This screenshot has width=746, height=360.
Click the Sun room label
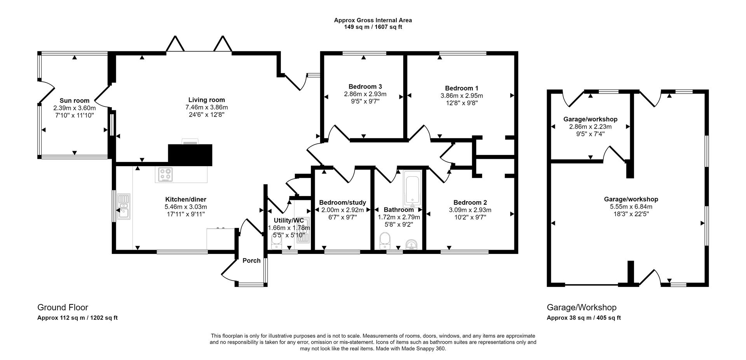click(74, 101)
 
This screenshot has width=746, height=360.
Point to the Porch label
click(251, 261)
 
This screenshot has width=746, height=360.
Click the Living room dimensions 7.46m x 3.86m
click(206, 108)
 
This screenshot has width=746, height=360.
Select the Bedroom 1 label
click(462, 88)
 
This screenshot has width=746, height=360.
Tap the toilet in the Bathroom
click(385, 241)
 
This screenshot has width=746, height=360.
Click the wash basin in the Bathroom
click(412, 245)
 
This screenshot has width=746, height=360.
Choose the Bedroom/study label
click(342, 202)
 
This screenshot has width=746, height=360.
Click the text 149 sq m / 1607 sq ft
click(373, 27)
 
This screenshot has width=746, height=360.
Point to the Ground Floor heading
click(63, 308)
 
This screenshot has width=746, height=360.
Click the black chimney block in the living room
click(190, 155)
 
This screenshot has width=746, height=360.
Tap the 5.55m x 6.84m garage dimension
click(631, 207)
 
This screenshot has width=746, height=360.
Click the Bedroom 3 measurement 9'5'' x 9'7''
click(365, 101)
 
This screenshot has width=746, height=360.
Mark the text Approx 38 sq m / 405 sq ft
click(584, 318)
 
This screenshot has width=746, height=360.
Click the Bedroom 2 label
click(470, 202)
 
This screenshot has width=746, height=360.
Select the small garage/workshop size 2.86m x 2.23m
click(590, 127)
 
